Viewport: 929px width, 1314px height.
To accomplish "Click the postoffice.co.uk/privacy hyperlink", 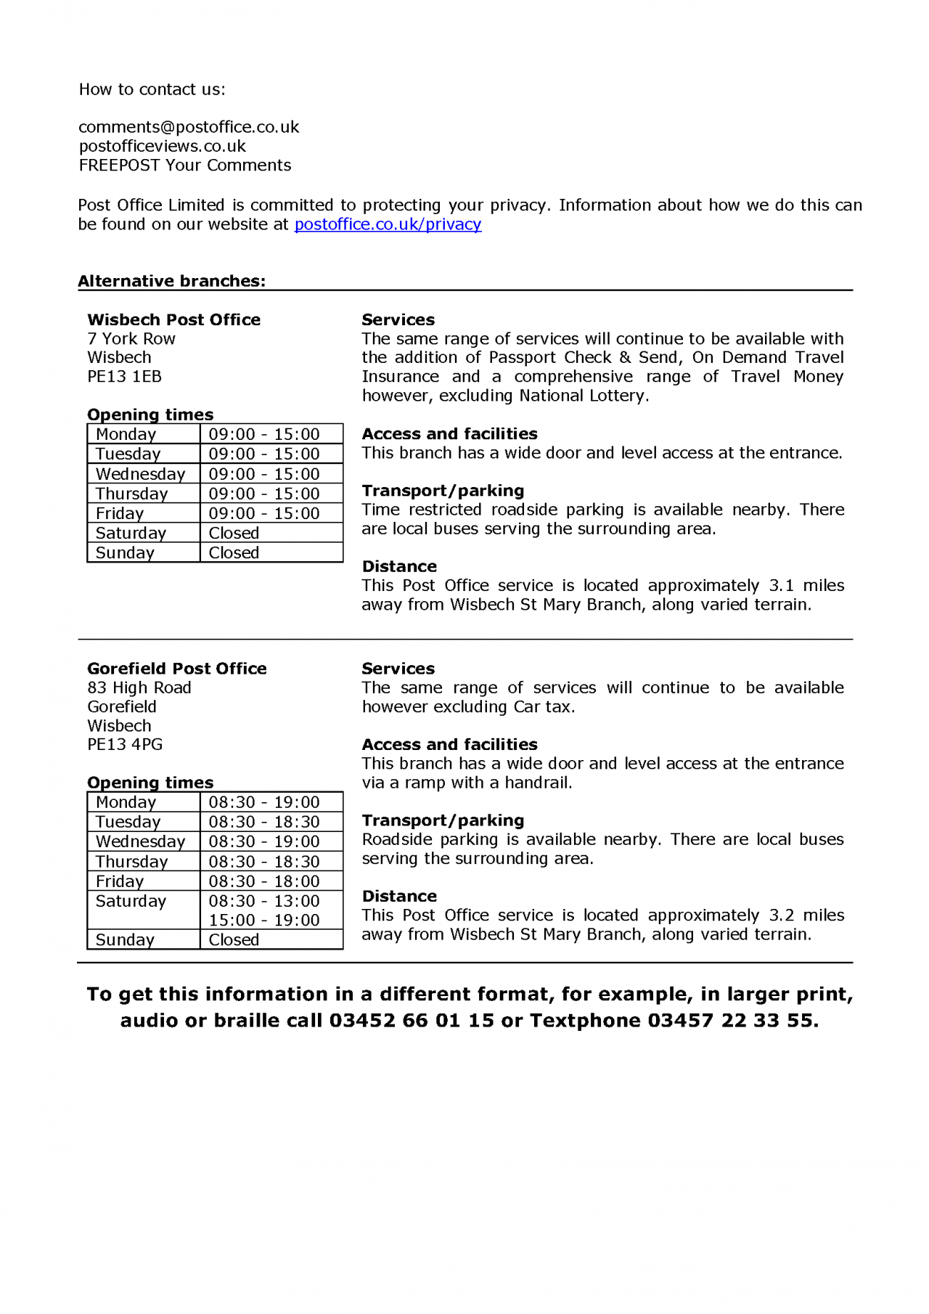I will pos(388,224).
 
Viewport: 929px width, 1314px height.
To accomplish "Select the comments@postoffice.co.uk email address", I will pos(189,127).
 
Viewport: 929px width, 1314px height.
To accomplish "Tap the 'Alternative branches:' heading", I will pos(171,281).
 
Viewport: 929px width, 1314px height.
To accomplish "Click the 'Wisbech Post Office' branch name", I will pos(173,319).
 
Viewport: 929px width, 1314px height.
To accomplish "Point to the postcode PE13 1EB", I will pos(124,377).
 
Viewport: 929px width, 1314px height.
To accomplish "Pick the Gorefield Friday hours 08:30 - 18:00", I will pos(264,881).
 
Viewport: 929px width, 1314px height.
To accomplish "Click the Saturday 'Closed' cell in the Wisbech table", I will pos(234,533).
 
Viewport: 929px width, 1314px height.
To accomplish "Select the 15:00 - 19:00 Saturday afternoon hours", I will pos(264,920).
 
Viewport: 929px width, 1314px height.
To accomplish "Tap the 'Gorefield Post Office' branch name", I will pos(176,669).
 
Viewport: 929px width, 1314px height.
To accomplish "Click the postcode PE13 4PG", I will pos(124,745).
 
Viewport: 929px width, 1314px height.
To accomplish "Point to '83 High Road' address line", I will pos(139,687).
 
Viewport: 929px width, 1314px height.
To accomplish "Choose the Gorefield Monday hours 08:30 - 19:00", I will pos(264,802).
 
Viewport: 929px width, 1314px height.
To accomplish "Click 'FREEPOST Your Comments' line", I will pos(184,166).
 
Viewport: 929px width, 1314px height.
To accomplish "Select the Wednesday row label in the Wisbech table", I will pos(140,474).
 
